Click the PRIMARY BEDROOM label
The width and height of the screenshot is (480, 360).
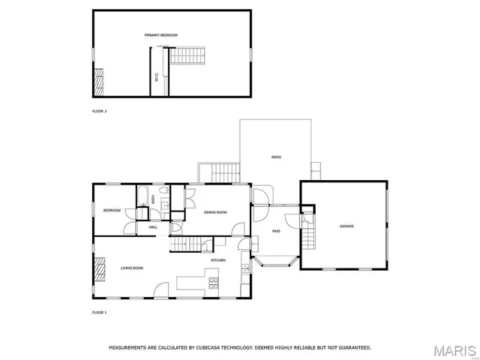tap(156, 35)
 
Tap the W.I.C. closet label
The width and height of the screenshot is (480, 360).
tap(156, 76)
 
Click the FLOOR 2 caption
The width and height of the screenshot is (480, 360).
tap(99, 111)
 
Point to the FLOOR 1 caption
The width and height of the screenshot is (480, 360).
tap(99, 312)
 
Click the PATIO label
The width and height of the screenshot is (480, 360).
tap(276, 157)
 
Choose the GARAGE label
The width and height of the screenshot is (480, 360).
tap(346, 226)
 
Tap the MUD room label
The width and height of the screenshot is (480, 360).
tap(276, 231)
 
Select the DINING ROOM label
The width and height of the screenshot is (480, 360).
tap(215, 212)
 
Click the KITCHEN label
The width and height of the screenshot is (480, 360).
tap(218, 260)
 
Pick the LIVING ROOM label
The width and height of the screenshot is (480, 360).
tap(132, 268)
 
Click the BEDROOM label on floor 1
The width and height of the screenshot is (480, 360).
tap(112, 211)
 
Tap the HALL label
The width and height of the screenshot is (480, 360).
tap(153, 227)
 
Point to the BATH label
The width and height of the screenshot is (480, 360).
tap(153, 199)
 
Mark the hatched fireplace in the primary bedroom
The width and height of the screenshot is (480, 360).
tap(97, 82)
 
